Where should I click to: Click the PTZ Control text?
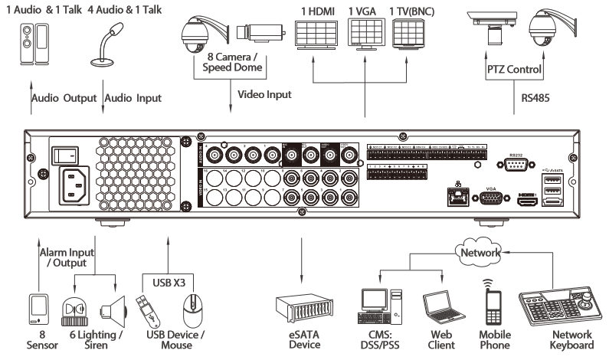[x=516, y=70]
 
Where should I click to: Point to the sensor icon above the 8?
[x=36, y=309]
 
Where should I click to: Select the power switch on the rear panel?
[x=64, y=155]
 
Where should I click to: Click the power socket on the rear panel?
[x=77, y=186]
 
